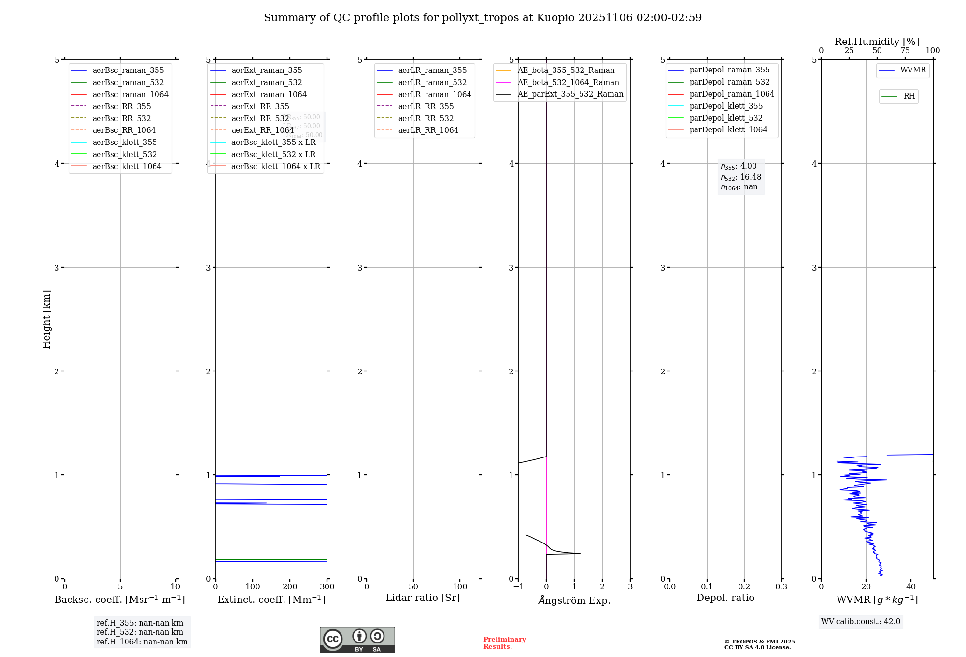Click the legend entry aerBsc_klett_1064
[x=127, y=166]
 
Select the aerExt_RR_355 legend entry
[x=260, y=106]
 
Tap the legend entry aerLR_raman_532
[x=432, y=82]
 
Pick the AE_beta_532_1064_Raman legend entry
[x=568, y=82]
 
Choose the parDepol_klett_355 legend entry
[x=726, y=106]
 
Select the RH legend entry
[x=909, y=96]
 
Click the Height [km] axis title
[x=46, y=319]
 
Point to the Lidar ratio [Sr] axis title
[x=423, y=598]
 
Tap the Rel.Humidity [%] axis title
[x=877, y=42]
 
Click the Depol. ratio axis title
[x=725, y=598]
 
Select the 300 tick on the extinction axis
[x=327, y=586]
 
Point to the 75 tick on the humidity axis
[x=905, y=51]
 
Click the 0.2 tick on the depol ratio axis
[x=744, y=586]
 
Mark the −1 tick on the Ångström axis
[x=518, y=586]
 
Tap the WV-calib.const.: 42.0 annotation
[x=861, y=621]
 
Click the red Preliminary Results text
[x=504, y=643]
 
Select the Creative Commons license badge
[x=357, y=640]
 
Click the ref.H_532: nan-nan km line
[x=140, y=632]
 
